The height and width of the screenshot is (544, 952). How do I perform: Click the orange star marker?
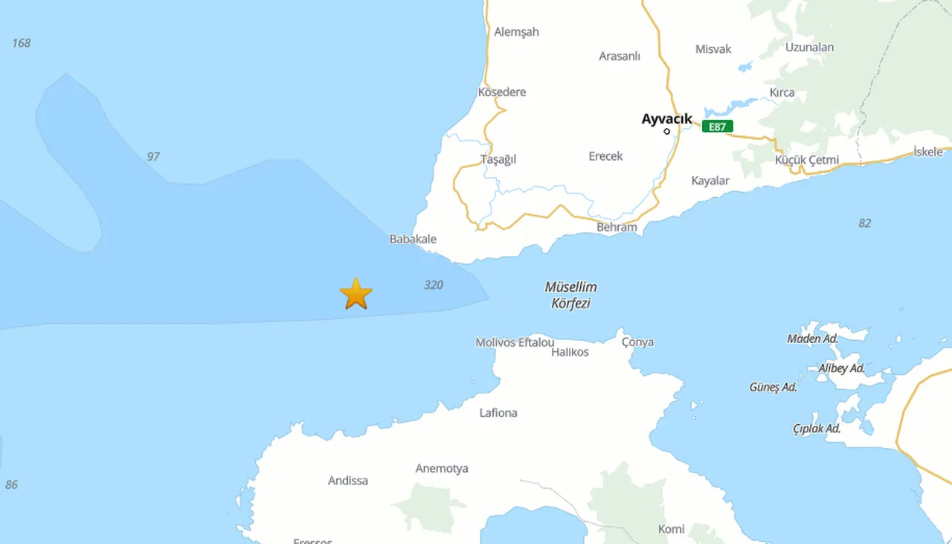pyautogui.click(x=356, y=294)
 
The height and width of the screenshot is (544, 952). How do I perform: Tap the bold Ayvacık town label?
pyautogui.click(x=666, y=118)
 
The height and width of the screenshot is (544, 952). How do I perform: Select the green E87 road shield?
pyautogui.click(x=717, y=127)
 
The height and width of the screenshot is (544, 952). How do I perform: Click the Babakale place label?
pyautogui.click(x=413, y=240)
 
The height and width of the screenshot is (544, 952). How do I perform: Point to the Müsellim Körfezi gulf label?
pyautogui.click(x=570, y=295)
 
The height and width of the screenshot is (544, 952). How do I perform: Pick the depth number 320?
pyautogui.click(x=434, y=285)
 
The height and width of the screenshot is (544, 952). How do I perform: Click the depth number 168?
pyautogui.click(x=22, y=43)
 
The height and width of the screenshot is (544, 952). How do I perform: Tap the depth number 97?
pyautogui.click(x=153, y=156)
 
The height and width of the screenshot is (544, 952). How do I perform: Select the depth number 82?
pyautogui.click(x=864, y=223)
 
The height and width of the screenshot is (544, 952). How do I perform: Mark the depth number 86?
pyautogui.click(x=11, y=484)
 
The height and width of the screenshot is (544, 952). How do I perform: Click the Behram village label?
pyautogui.click(x=617, y=227)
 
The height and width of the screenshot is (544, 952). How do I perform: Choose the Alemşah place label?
pyautogui.click(x=516, y=32)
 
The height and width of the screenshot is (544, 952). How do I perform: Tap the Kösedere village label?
pyautogui.click(x=501, y=92)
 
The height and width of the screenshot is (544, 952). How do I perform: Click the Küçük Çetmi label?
pyautogui.click(x=806, y=160)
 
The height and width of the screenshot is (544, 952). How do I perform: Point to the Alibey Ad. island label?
pyautogui.click(x=841, y=368)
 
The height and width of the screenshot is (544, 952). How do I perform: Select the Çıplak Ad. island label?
pyautogui.click(x=817, y=429)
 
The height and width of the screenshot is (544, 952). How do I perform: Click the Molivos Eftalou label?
pyautogui.click(x=515, y=342)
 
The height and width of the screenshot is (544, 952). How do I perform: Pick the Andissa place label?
pyautogui.click(x=348, y=481)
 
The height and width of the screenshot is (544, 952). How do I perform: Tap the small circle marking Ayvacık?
pyautogui.click(x=666, y=132)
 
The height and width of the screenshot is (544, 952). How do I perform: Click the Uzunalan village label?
pyautogui.click(x=809, y=47)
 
